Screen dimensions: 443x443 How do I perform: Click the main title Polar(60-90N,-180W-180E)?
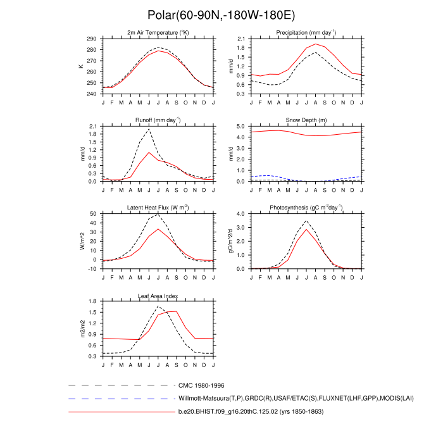coord(221,15)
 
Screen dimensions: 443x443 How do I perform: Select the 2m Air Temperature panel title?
coord(158,32)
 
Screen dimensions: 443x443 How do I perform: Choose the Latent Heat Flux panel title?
coord(158,207)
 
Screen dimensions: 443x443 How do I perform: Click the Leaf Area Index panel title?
coord(158,295)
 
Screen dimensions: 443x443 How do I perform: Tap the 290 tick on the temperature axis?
coord(92,39)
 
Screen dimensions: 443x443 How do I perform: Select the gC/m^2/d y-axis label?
coord(230,241)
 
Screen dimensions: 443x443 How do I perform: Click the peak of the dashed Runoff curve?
coord(149,129)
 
